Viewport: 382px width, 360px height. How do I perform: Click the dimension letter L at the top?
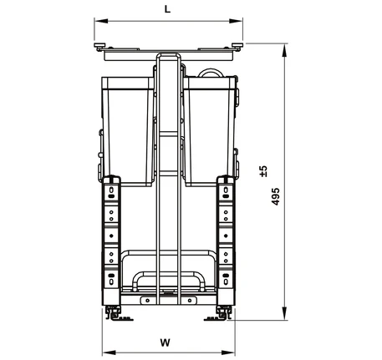pyautogui.click(x=167, y=9)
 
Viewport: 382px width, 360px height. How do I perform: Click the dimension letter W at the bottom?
pyautogui.click(x=166, y=342)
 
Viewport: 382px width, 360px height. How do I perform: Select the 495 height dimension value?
pyautogui.click(x=275, y=196)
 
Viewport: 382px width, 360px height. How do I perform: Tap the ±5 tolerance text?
pyautogui.click(x=263, y=171)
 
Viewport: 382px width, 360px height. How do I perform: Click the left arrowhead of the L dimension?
pyautogui.click(x=101, y=21)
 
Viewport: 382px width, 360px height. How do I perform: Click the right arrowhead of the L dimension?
pyautogui.click(x=236, y=21)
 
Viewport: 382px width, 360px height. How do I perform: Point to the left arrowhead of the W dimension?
pyautogui.click(x=109, y=352)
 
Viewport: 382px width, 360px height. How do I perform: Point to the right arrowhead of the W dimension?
pyautogui.click(x=228, y=352)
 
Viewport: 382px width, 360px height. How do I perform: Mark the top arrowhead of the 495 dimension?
pyautogui.click(x=284, y=50)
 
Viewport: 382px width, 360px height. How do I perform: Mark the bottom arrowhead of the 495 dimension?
pyautogui.click(x=284, y=313)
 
